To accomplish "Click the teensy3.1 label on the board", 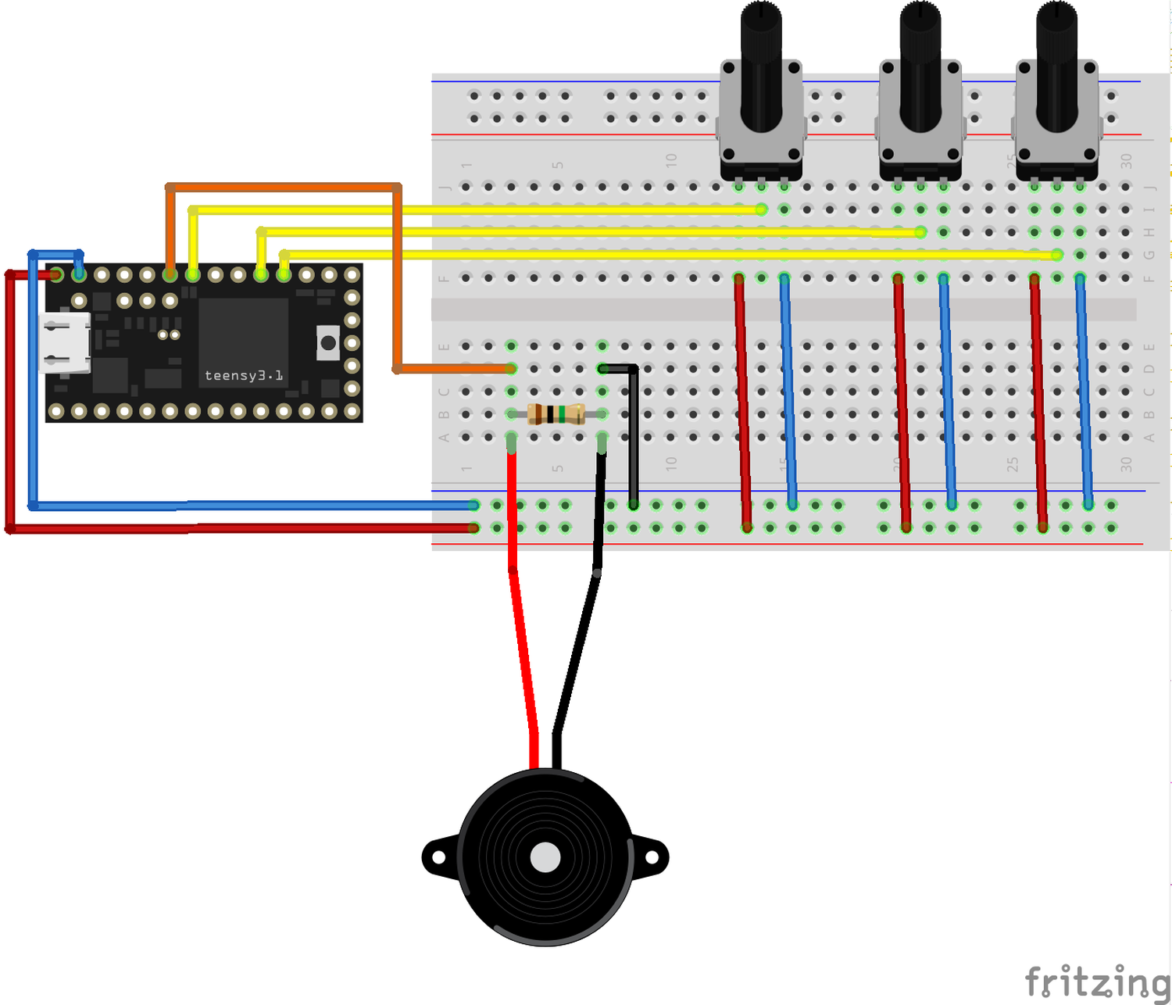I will pos(243,376).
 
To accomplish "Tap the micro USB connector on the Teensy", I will pos(65,343).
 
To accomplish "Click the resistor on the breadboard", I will pos(556,414).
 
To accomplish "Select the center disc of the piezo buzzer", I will pos(545,857).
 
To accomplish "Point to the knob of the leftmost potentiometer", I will pos(761,63).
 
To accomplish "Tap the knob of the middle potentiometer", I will pos(920,63).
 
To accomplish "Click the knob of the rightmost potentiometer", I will pos(1056,63).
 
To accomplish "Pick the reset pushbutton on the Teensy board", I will pos(328,343).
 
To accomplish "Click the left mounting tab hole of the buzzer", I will pos(438,857).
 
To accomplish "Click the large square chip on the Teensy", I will pos(243,328).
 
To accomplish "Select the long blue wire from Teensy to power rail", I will pos(250,506).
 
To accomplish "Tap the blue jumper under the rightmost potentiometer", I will pos(1084,391).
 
